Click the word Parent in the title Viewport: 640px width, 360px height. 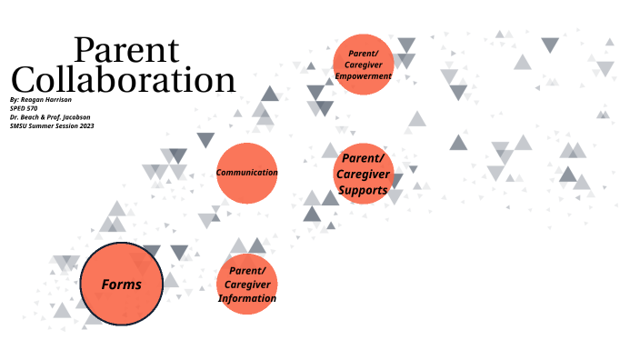point(126,51)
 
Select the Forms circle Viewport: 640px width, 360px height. point(121,285)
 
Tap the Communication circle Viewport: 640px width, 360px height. point(246,173)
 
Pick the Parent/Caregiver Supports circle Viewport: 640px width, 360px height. point(364,174)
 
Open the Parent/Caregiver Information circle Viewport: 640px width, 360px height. point(246,285)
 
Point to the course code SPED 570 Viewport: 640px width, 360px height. point(24,108)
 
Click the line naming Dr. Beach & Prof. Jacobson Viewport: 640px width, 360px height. point(51,117)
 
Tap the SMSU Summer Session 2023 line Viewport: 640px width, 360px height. point(52,126)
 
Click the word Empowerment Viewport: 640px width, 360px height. point(363,76)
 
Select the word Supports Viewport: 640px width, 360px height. point(363,191)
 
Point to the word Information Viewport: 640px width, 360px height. point(246,298)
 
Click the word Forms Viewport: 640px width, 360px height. point(121,285)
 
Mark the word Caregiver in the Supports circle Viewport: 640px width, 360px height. point(364,175)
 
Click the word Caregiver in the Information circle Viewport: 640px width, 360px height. point(246,285)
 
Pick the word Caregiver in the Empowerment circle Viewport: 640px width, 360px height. point(363,65)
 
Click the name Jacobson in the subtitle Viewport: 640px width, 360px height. point(76,117)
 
